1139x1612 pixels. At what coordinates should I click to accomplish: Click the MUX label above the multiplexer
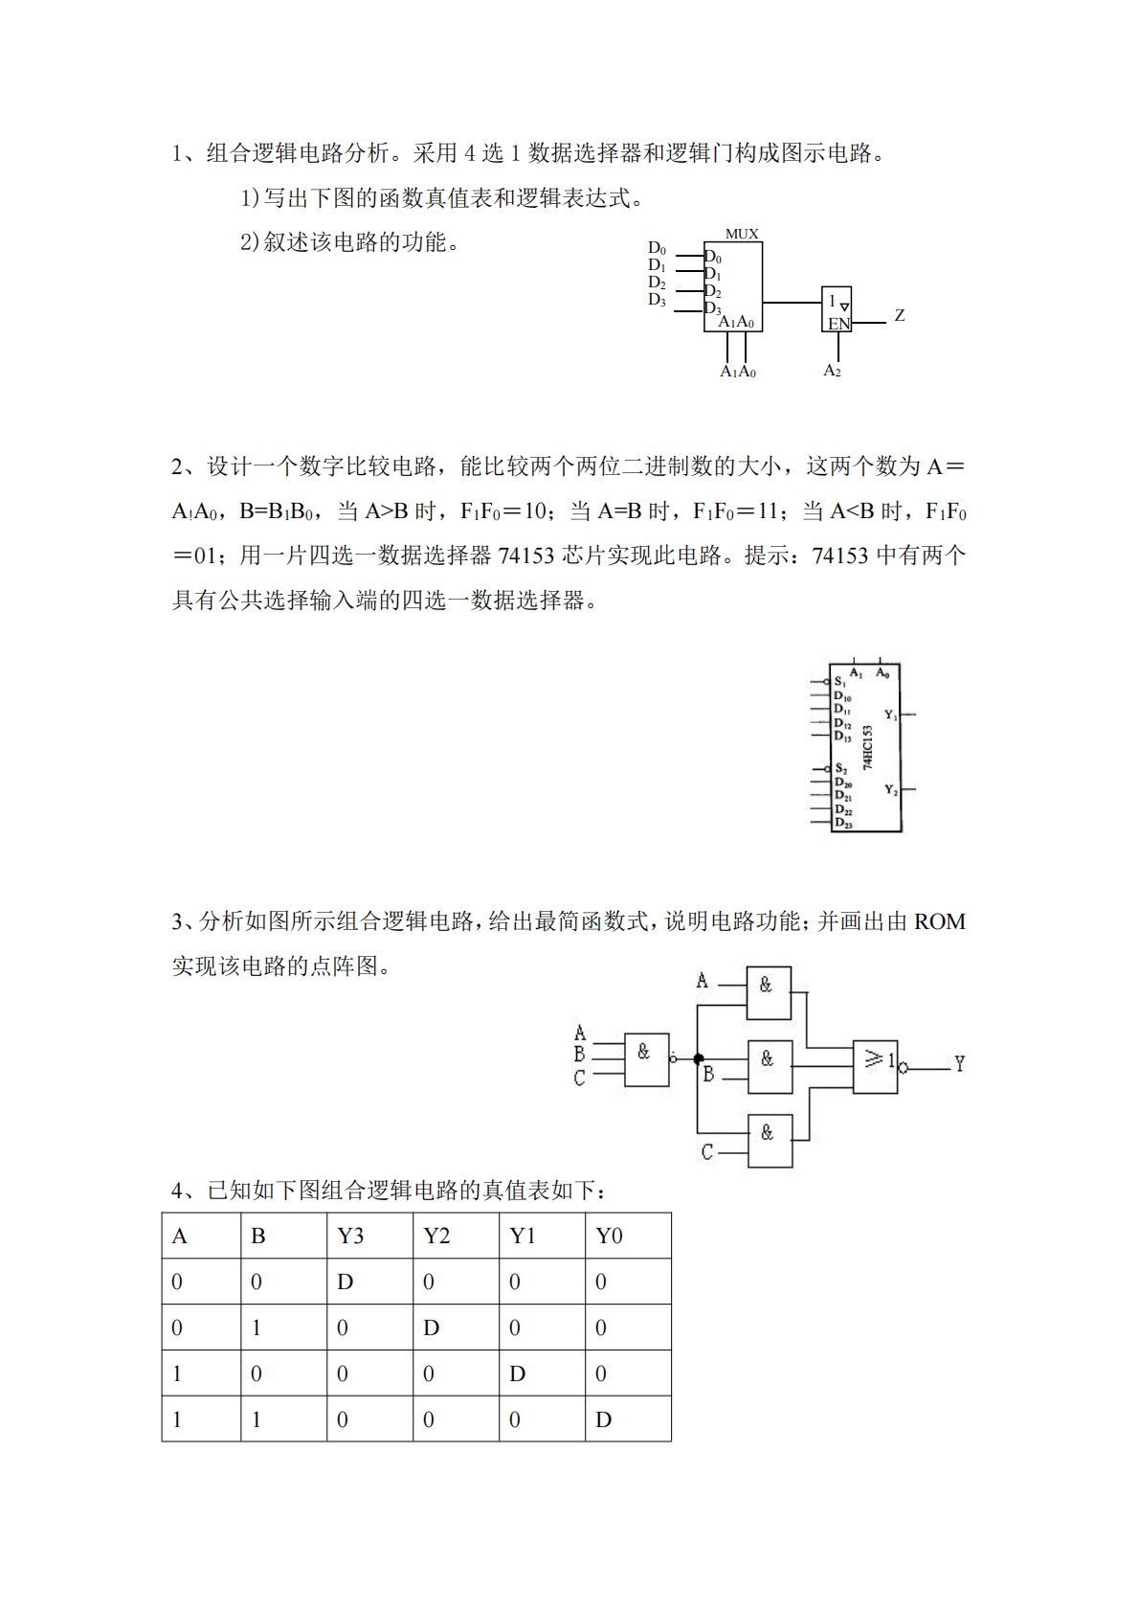click(x=742, y=234)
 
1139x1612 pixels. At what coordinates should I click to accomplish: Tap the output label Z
click(x=900, y=315)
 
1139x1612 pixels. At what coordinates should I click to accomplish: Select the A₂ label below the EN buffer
click(x=833, y=371)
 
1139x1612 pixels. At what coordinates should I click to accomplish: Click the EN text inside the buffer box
click(x=838, y=324)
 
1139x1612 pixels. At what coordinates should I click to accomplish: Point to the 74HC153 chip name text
click(x=868, y=748)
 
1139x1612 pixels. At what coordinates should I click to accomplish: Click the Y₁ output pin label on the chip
click(x=890, y=715)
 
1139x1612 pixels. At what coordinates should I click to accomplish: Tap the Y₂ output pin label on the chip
click(x=890, y=790)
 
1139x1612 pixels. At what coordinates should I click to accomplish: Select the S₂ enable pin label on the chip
click(x=840, y=768)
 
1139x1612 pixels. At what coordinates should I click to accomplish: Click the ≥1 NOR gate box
click(x=876, y=1065)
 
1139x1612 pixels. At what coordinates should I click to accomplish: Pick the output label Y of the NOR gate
click(x=959, y=1064)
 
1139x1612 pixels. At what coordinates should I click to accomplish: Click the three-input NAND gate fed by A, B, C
click(x=646, y=1058)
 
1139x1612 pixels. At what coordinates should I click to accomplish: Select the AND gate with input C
click(x=770, y=1140)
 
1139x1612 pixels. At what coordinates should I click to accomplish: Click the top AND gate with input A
click(x=769, y=992)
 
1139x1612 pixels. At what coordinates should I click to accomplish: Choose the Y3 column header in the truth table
click(x=350, y=1236)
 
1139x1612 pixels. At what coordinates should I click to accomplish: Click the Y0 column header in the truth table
click(x=609, y=1236)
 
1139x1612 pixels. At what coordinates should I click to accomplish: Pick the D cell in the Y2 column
click(x=432, y=1328)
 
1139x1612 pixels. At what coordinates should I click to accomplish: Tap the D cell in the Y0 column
click(x=603, y=1419)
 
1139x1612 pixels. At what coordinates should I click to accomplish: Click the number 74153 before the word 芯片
click(x=526, y=556)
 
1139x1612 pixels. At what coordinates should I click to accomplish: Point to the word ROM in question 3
click(x=940, y=921)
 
